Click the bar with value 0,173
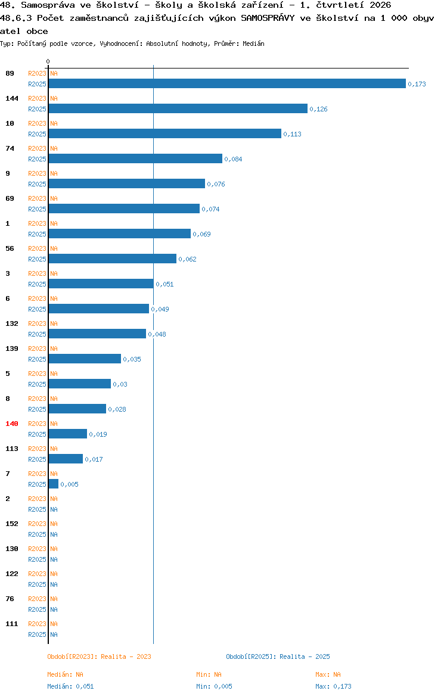pos(227,83)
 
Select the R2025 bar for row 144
pos(178,108)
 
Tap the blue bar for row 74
pos(135,158)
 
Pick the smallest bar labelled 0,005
pos(54,484)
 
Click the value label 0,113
pos(292,134)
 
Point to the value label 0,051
pos(164,284)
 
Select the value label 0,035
pos(132,359)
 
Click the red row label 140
pos(11,424)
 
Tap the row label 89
pos(10,73)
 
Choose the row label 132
pos(11,323)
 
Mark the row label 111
pos(11,624)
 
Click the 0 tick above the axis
pos(48,62)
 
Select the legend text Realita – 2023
pos(126,656)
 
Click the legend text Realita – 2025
pos(305,656)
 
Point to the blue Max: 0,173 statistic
pos(333,686)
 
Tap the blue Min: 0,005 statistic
pos(214,686)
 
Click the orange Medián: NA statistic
pos(65,674)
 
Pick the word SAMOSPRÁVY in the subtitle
pos(268,18)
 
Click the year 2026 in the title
pos(380,5)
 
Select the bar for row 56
pos(112,259)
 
